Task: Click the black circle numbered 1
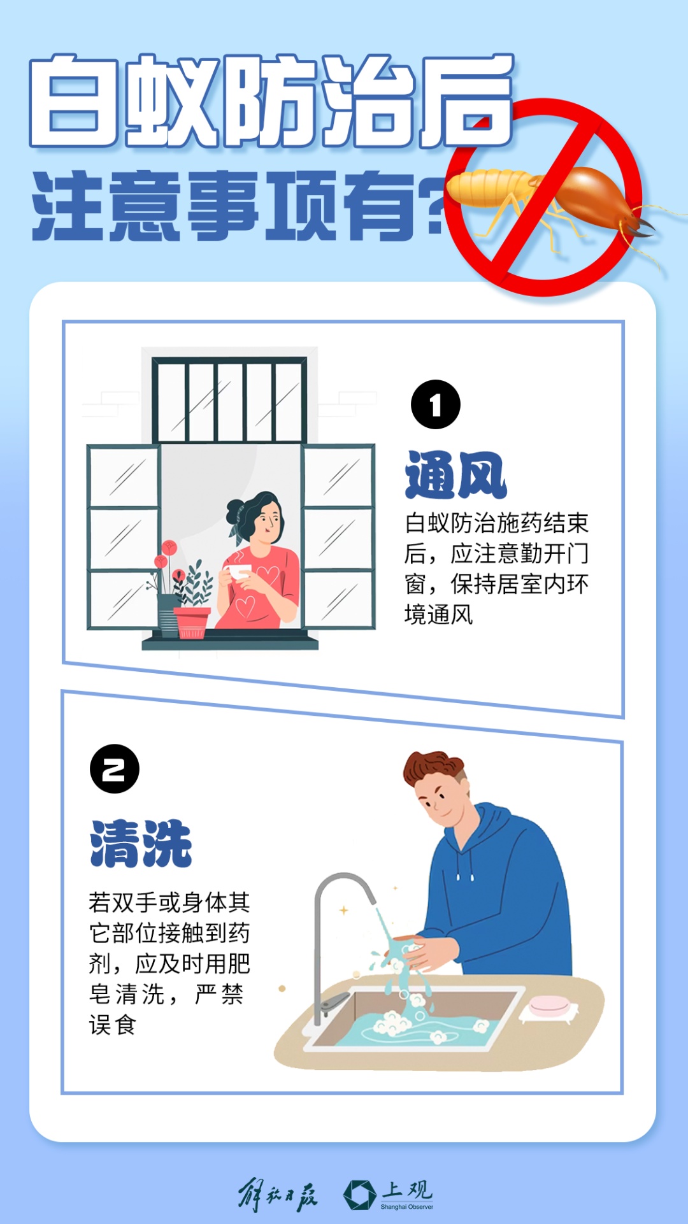436,404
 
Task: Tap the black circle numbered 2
115,769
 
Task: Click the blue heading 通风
455,475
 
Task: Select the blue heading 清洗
141,843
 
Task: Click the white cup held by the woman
238,571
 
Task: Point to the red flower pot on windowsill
191,622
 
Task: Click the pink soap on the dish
548,1004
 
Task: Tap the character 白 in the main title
74,101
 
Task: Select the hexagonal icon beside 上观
360,1195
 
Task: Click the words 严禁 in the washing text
219,994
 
